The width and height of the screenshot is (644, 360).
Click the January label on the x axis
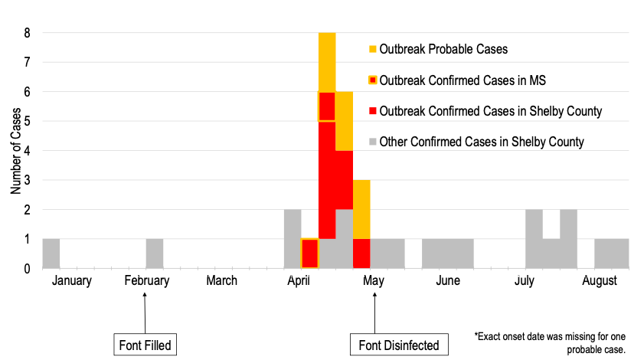point(72,280)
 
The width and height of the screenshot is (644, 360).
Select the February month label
point(147,280)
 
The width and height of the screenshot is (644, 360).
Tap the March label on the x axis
point(221,280)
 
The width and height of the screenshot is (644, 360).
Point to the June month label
point(448,280)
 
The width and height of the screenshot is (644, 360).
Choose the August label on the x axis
point(600,280)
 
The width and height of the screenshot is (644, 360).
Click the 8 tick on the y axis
point(27,33)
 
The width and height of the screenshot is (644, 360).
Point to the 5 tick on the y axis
point(27,121)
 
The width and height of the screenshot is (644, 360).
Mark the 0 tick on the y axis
point(27,268)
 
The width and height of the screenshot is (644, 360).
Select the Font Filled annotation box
point(145,345)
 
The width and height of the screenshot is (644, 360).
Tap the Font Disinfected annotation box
point(399,345)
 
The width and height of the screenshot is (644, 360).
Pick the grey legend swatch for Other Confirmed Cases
point(373,142)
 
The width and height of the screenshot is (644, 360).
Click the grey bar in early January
point(51,254)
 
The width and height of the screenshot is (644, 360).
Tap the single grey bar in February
point(154,254)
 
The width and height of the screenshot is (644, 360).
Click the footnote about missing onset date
point(551,342)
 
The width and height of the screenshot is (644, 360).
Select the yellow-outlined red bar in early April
point(309,254)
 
